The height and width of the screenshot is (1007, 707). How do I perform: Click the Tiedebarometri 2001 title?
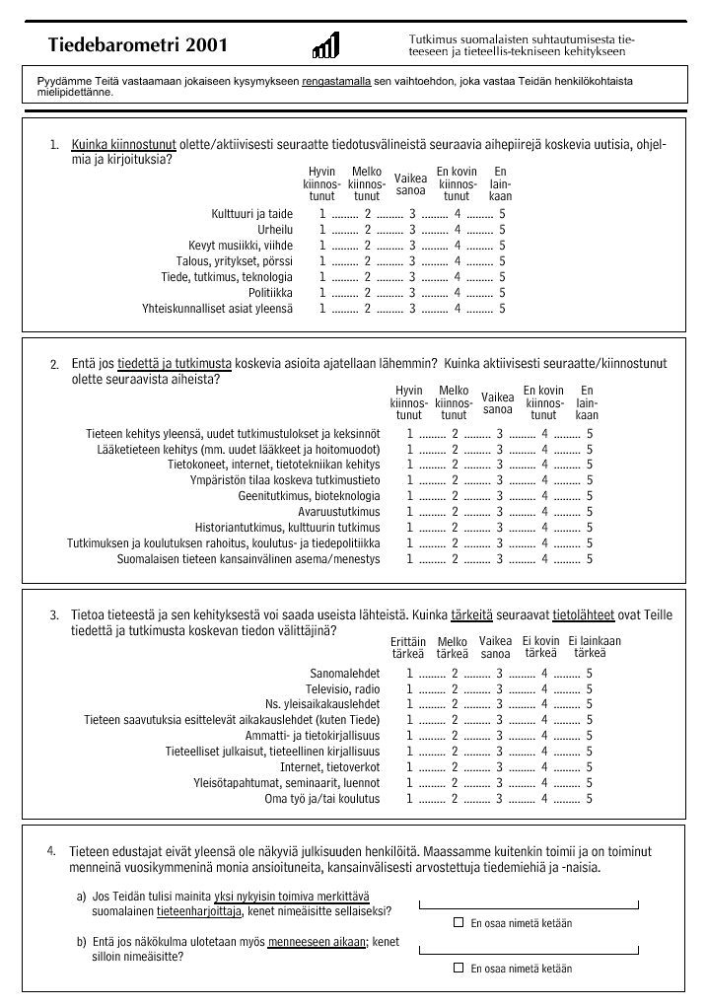137,45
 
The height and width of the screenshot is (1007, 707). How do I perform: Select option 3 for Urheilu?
412,230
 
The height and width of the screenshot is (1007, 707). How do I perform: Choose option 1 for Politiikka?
322,293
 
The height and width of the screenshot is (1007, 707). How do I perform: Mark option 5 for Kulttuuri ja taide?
502,214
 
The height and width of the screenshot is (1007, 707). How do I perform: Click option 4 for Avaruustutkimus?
544,512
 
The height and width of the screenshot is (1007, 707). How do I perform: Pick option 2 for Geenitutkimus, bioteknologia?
455,496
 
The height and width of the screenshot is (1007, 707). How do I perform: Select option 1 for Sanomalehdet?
410,674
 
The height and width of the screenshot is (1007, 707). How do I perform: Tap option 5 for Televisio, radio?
590,689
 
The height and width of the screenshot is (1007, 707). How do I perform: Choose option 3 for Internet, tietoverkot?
500,767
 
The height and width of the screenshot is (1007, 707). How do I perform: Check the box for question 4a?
459,922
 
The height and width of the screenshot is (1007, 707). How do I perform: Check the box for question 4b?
459,968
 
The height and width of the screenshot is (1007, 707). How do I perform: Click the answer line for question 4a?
529,904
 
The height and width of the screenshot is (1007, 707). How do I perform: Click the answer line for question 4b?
529,949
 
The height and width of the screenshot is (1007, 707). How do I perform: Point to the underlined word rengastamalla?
336,79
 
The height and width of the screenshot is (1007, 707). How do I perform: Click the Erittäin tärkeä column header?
408,647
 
